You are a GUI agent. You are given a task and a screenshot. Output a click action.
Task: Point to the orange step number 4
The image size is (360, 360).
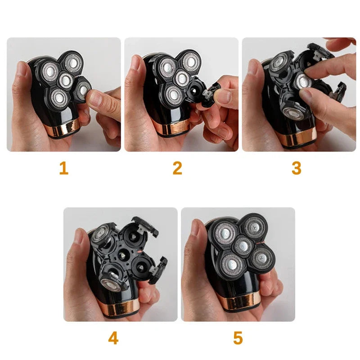click(x=113, y=337)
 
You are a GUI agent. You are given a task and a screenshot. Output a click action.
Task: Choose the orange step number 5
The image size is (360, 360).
click(x=238, y=337)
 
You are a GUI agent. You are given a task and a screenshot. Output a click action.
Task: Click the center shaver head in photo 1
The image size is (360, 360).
click(x=66, y=80)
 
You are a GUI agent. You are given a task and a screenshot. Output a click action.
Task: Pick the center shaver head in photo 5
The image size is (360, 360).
click(x=243, y=246)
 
